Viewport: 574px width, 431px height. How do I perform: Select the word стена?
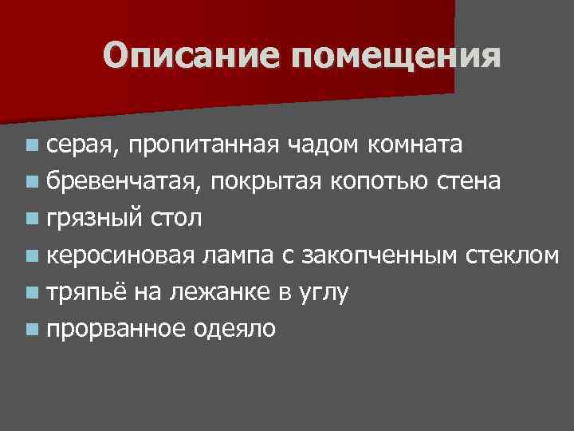pyautogui.click(x=470, y=181)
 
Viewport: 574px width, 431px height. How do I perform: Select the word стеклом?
pyautogui.click(x=511, y=255)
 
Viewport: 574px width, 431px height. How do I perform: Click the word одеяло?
pyautogui.click(x=236, y=329)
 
